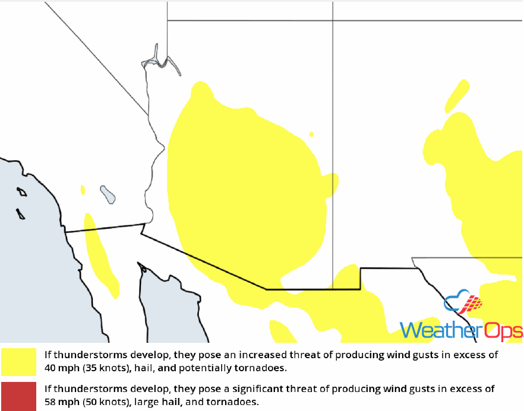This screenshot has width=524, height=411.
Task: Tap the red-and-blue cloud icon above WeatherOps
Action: pyautogui.click(x=463, y=304)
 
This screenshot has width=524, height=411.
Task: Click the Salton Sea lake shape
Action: pyautogui.click(x=108, y=194)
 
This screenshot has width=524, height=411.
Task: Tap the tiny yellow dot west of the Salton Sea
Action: pyautogui.click(x=83, y=190)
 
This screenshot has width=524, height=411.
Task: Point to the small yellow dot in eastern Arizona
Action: pyautogui.click(x=312, y=135)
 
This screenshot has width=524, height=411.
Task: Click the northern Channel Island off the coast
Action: pyautogui.click(x=22, y=192)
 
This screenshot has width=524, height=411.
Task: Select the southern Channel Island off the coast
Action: pyautogui.click(x=21, y=214)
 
